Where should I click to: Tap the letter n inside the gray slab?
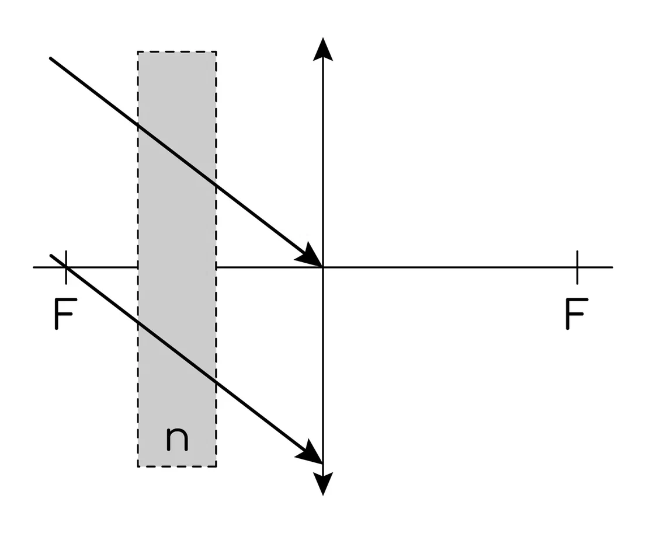point(177,438)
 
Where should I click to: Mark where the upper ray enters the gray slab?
point(138,124)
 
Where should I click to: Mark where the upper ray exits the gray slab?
point(216,185)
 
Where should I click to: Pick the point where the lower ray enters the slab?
point(138,322)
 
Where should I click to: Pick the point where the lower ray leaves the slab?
point(216,382)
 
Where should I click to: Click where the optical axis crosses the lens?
point(323,267)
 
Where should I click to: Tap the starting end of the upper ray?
point(51,58)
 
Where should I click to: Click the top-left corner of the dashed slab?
point(138,52)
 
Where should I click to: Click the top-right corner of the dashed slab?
point(216,52)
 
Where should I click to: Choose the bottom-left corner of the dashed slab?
point(138,466)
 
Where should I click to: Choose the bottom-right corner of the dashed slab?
point(216,466)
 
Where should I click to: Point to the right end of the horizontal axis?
point(612,267)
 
